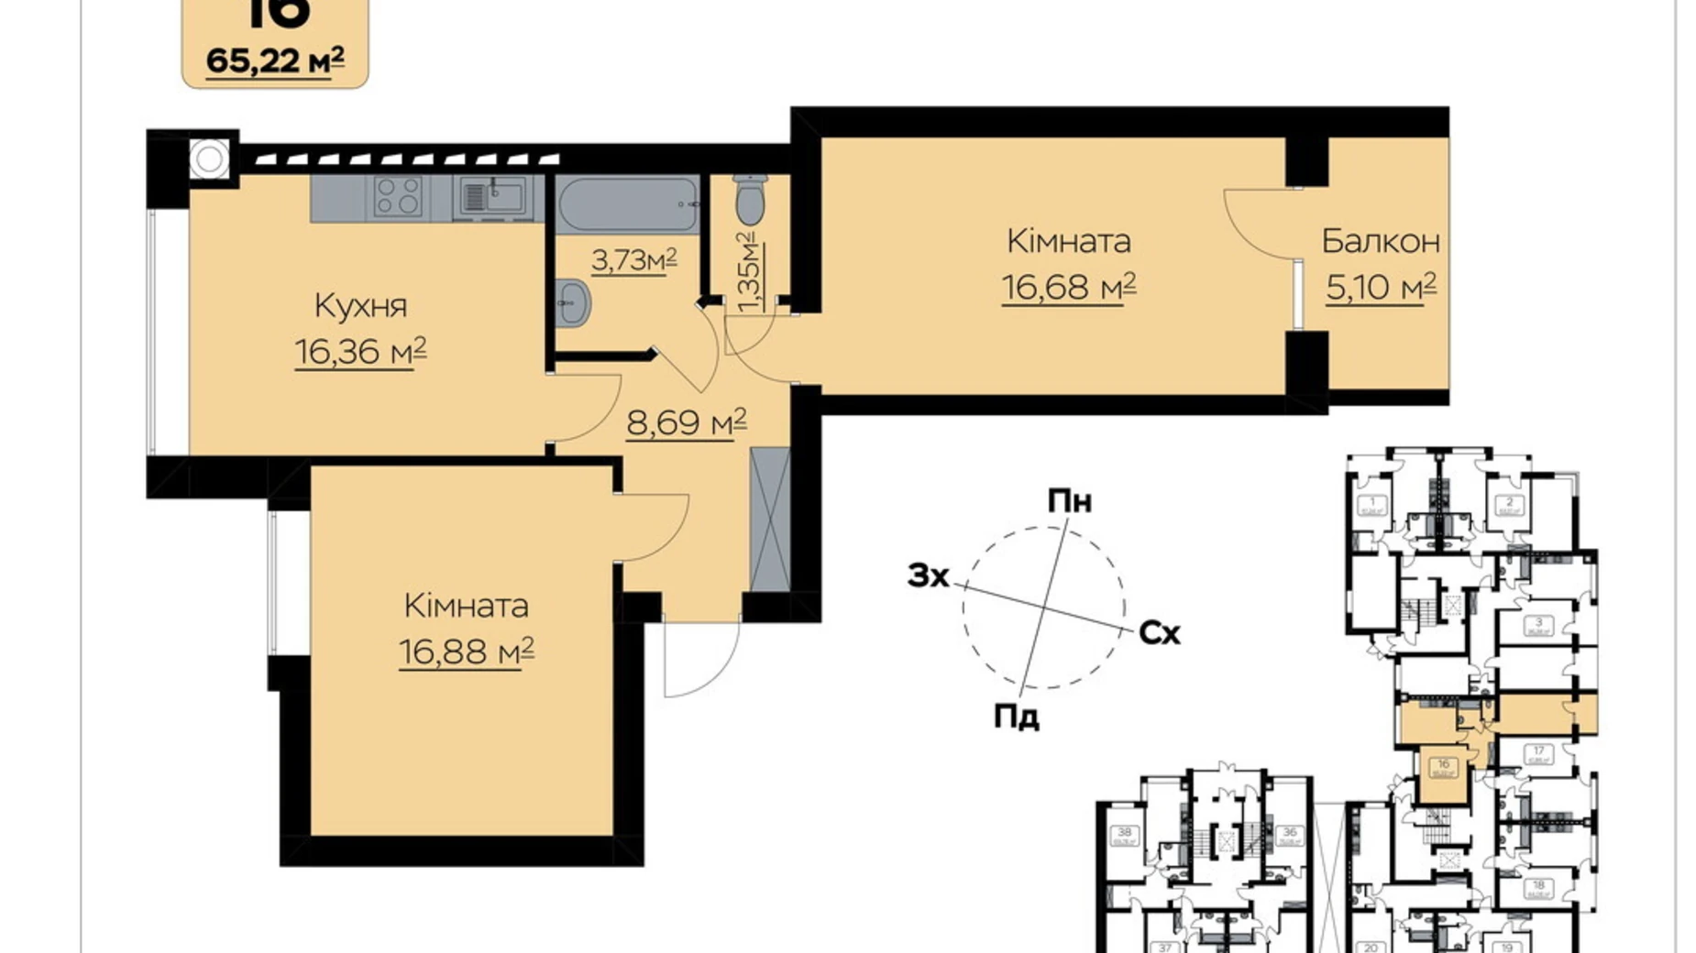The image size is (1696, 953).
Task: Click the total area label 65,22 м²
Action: [275, 60]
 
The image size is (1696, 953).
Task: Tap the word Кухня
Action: [360, 306]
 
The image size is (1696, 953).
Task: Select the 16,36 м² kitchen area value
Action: [360, 352]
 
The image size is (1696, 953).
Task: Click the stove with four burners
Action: [399, 196]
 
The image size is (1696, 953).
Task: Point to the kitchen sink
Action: [492, 196]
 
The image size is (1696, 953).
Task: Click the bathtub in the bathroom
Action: [627, 203]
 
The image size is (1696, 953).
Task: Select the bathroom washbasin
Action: [573, 301]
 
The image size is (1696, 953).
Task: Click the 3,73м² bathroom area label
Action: [633, 261]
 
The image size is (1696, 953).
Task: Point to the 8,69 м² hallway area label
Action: [686, 422]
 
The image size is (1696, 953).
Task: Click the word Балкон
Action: [1380, 242]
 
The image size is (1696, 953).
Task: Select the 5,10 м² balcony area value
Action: [1380, 288]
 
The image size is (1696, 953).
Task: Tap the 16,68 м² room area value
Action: [1068, 288]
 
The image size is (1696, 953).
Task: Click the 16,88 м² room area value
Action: [466, 652]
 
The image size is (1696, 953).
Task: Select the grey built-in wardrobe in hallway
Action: [769, 519]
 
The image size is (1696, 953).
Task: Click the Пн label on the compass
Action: [1070, 502]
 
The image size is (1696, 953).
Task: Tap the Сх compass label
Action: [1159, 633]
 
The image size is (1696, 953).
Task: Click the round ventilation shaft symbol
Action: [210, 159]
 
